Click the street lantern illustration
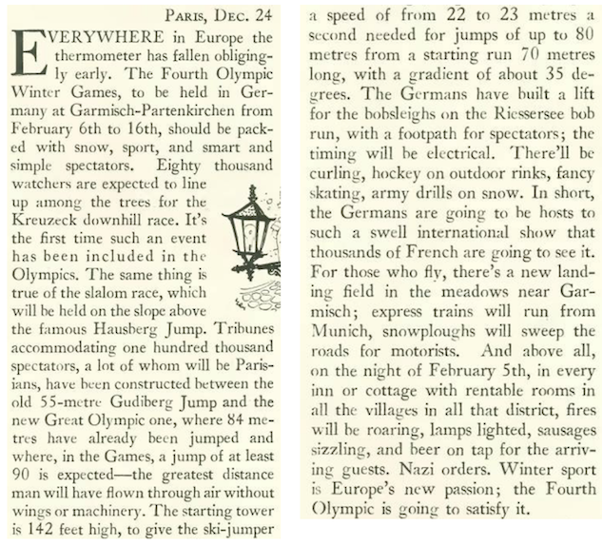[x=255, y=233]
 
